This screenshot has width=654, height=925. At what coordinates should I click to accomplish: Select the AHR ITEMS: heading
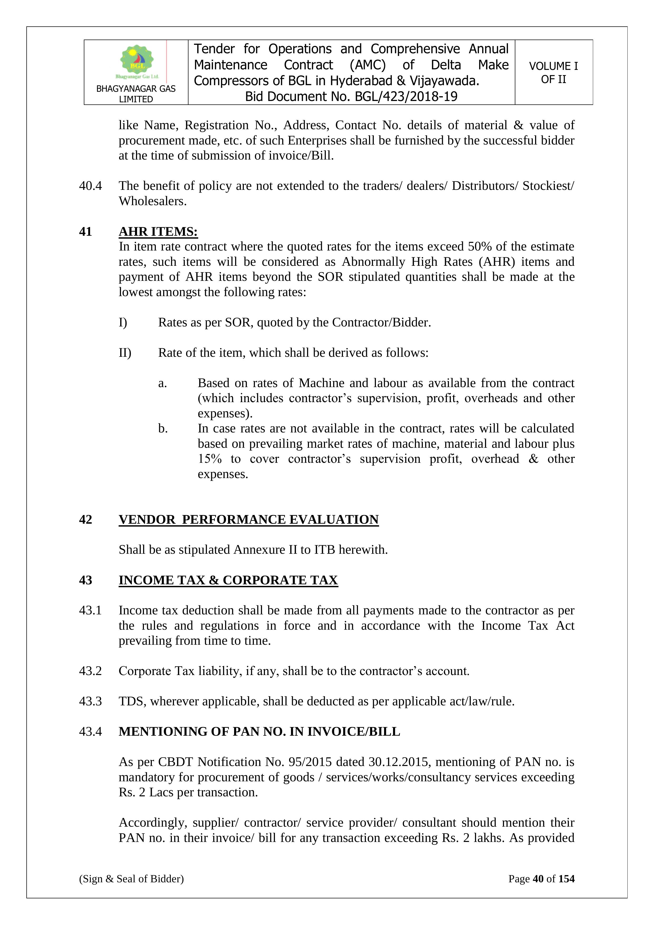158,232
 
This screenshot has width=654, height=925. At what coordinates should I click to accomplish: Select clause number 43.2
90,671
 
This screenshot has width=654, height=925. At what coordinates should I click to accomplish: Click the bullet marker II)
125,353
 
